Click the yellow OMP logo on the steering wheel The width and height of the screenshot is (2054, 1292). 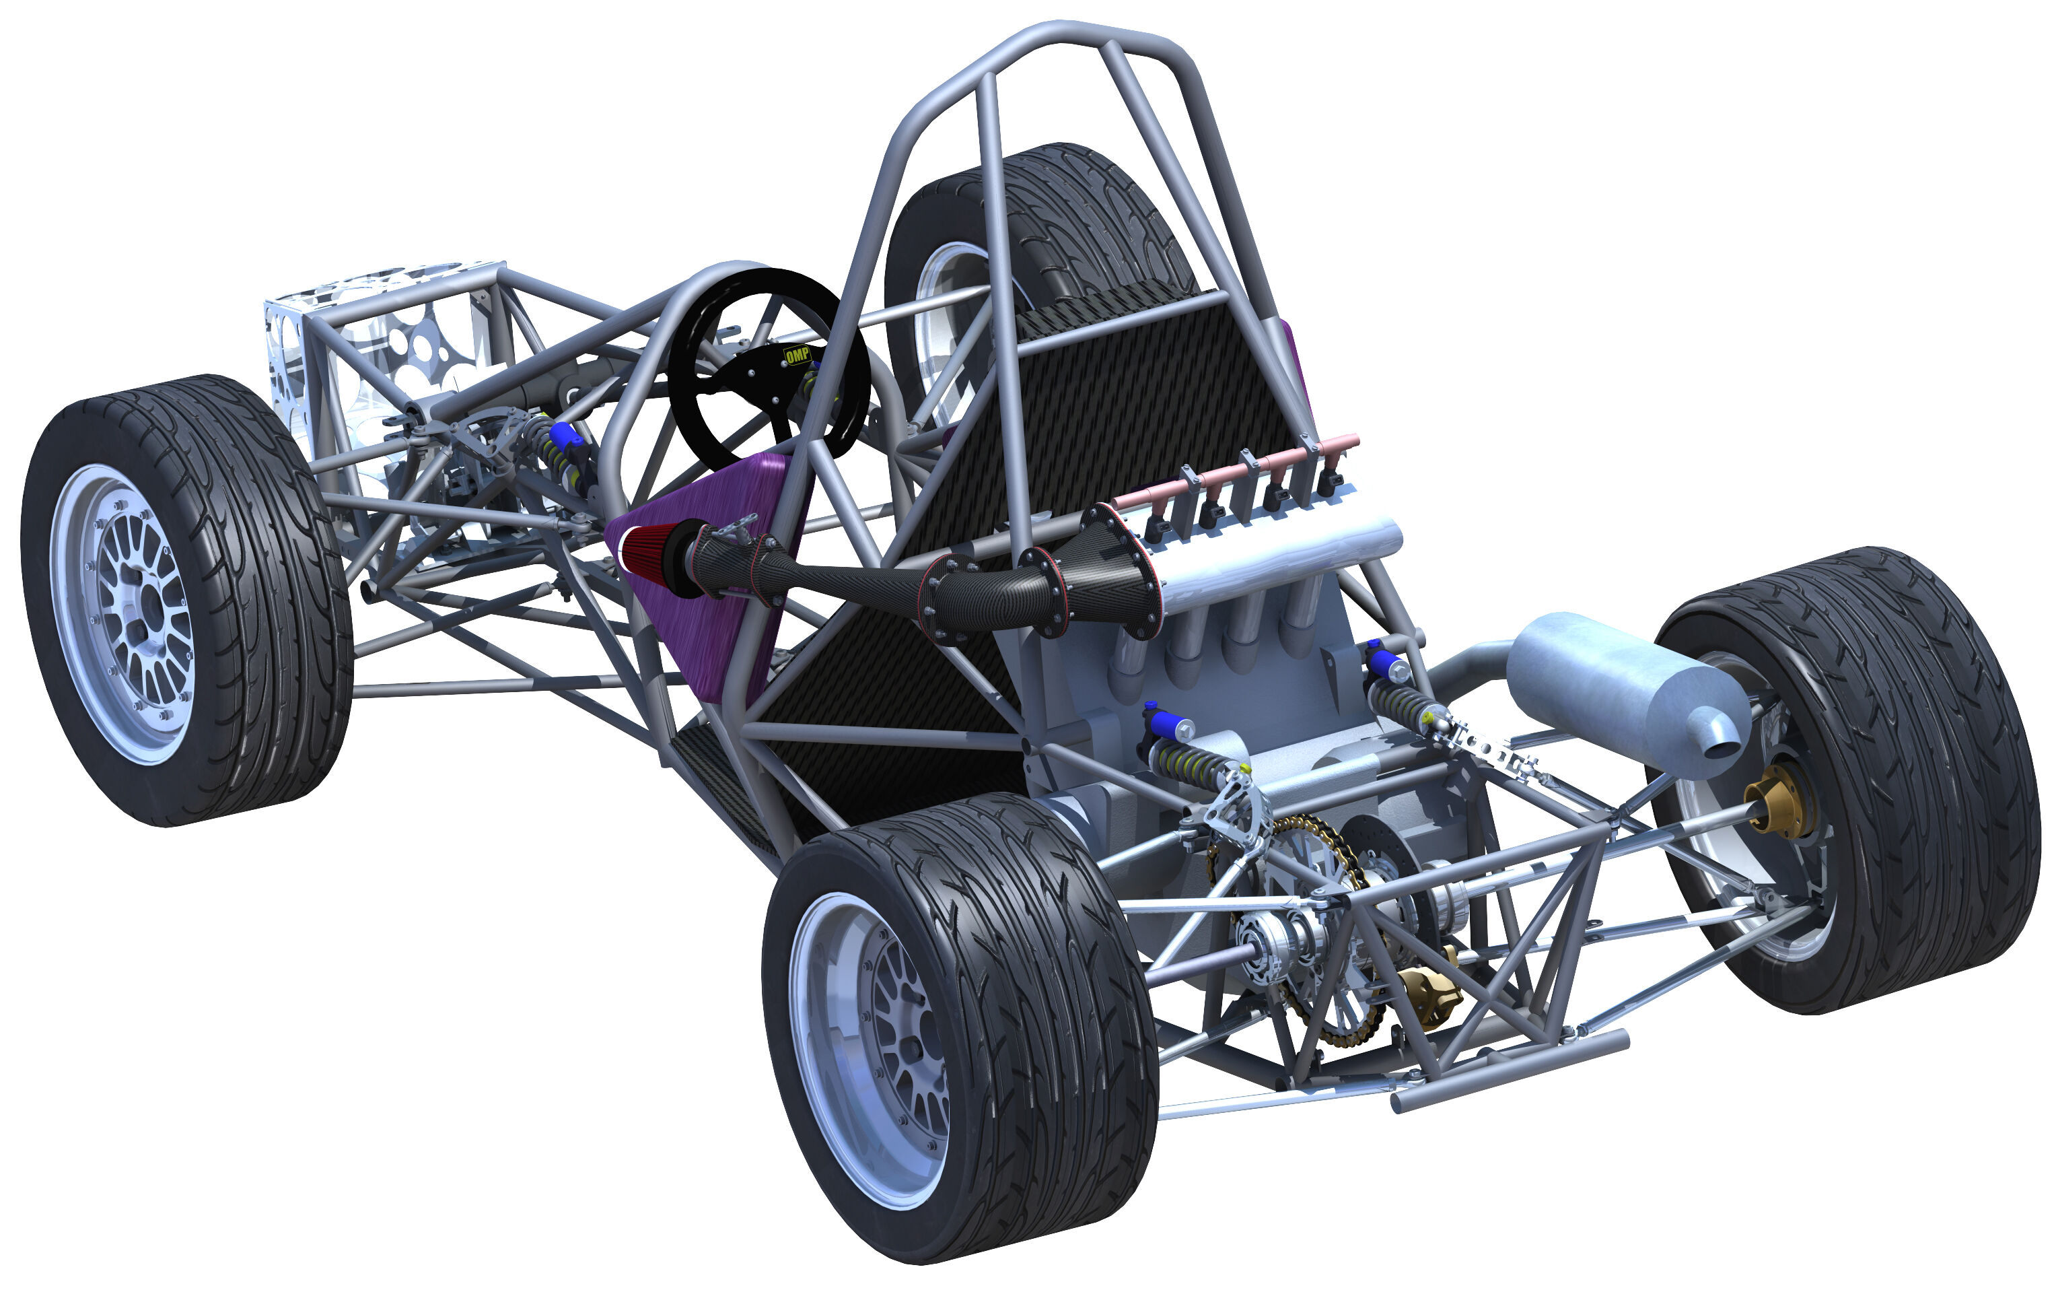797,355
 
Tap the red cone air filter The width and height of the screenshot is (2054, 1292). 648,559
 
